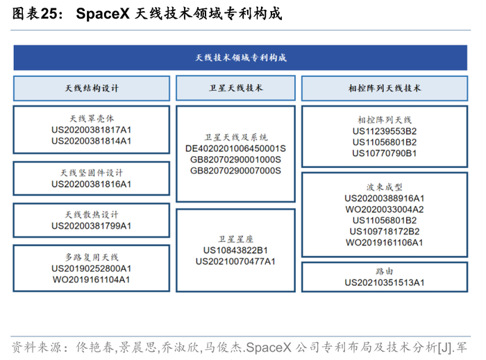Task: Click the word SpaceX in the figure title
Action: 102,13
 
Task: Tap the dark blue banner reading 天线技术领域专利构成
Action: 240,58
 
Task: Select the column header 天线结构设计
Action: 91,89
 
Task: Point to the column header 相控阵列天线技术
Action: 384,89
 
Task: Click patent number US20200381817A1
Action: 91,129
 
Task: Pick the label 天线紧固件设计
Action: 91,173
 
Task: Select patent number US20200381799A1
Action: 91,225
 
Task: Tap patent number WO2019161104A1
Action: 91,280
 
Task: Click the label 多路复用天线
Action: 91,257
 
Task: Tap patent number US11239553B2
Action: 384,130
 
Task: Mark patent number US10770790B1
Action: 384,153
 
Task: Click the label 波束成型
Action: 384,187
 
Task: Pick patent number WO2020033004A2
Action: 384,209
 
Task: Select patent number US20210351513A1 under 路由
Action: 384,282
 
